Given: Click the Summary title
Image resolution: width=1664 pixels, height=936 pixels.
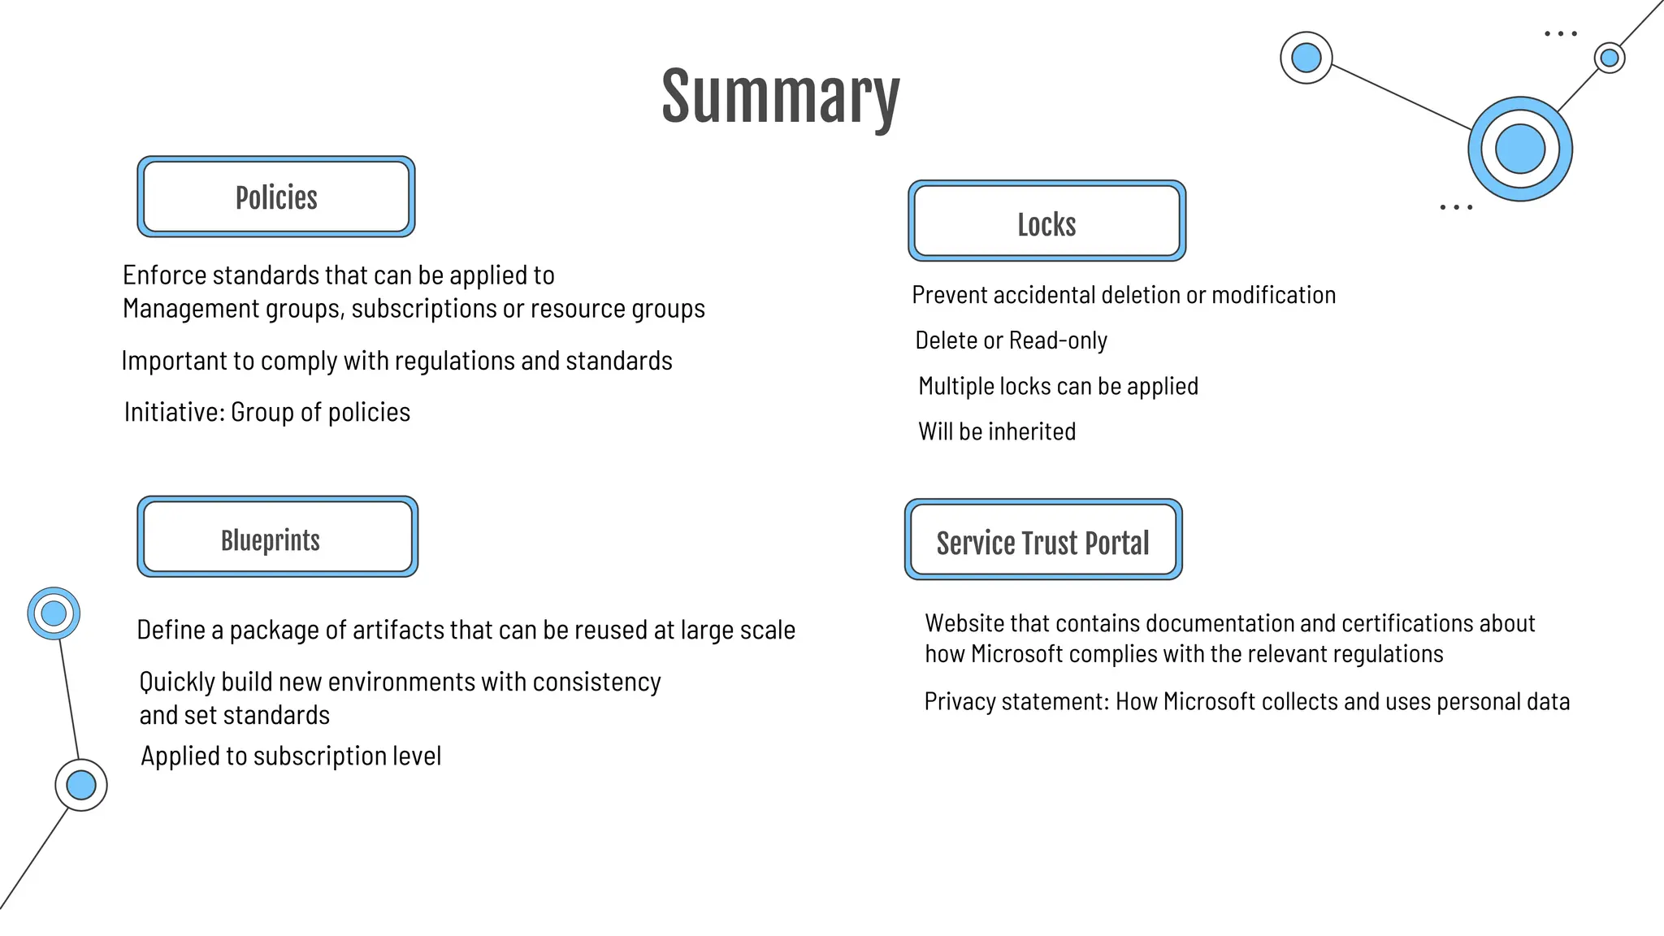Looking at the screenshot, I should click(x=780, y=97).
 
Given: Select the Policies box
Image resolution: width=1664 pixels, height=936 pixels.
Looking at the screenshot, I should click(x=276, y=197).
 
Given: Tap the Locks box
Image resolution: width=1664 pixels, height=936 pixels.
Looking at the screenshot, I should click(x=1046, y=222).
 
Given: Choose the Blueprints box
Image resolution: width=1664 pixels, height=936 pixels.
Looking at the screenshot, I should click(x=277, y=538).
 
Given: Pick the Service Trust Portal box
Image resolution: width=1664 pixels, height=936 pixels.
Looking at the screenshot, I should click(x=1043, y=540).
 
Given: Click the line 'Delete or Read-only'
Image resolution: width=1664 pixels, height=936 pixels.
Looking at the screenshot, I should click(x=1011, y=340).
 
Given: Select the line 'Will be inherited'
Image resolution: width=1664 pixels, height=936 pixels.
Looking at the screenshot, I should click(x=997, y=431).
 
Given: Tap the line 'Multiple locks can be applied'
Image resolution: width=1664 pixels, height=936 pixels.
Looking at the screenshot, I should click(x=1058, y=386).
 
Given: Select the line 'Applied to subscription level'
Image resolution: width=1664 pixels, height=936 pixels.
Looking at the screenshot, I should click(x=291, y=756).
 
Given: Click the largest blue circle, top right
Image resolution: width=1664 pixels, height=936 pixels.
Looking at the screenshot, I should click(x=1519, y=149).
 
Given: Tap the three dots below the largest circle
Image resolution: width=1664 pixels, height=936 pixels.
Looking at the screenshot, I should click(x=1456, y=208).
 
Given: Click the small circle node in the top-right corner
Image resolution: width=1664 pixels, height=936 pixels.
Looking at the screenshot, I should click(x=1609, y=58).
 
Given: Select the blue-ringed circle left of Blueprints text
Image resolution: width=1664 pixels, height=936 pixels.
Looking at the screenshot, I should click(x=54, y=613).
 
